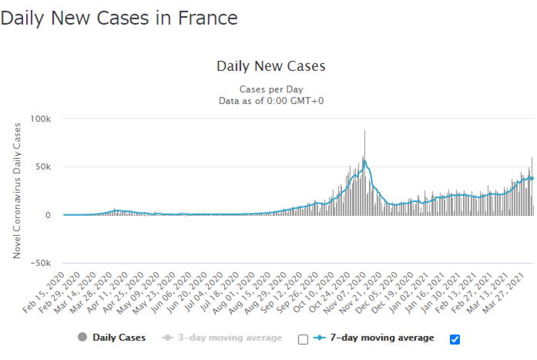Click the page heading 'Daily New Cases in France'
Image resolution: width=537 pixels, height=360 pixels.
[119, 19]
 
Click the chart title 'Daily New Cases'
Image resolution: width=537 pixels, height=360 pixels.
[271, 66]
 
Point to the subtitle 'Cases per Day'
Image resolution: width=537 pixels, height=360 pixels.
[271, 89]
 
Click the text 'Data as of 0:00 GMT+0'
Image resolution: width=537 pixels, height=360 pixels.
[271, 101]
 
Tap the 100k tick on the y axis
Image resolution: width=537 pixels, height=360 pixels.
[40, 119]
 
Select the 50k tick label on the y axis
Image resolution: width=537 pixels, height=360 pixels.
[43, 167]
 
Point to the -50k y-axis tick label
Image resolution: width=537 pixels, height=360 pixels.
[41, 263]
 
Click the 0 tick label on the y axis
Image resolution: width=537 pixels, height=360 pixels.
[48, 215]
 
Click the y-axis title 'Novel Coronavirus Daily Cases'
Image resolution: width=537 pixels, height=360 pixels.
[17, 190]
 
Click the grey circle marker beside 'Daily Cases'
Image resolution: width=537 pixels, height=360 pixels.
[82, 337]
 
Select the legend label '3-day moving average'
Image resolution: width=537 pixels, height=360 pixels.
[230, 338]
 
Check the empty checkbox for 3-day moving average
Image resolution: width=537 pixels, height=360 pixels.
[303, 339]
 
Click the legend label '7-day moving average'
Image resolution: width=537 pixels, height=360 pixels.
[382, 338]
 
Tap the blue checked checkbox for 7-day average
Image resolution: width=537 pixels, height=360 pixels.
[455, 339]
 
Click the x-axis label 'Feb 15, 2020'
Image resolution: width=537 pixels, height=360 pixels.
[44, 292]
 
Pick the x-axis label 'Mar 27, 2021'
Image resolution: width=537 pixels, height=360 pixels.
[503, 293]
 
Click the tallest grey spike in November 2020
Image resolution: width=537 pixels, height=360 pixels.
[364, 173]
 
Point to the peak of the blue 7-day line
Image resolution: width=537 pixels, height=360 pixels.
[365, 160]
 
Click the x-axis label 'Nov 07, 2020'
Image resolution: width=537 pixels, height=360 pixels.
[344, 293]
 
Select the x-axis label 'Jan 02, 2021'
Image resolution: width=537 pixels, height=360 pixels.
[408, 293]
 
